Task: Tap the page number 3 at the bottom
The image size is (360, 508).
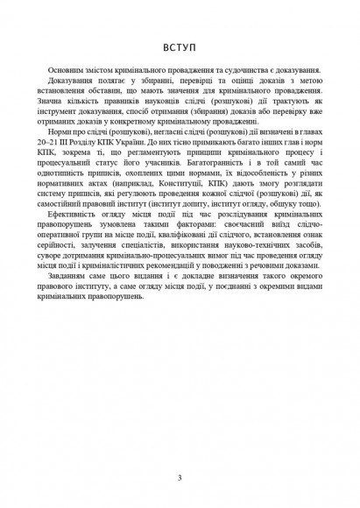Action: pyautogui.click(x=179, y=478)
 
